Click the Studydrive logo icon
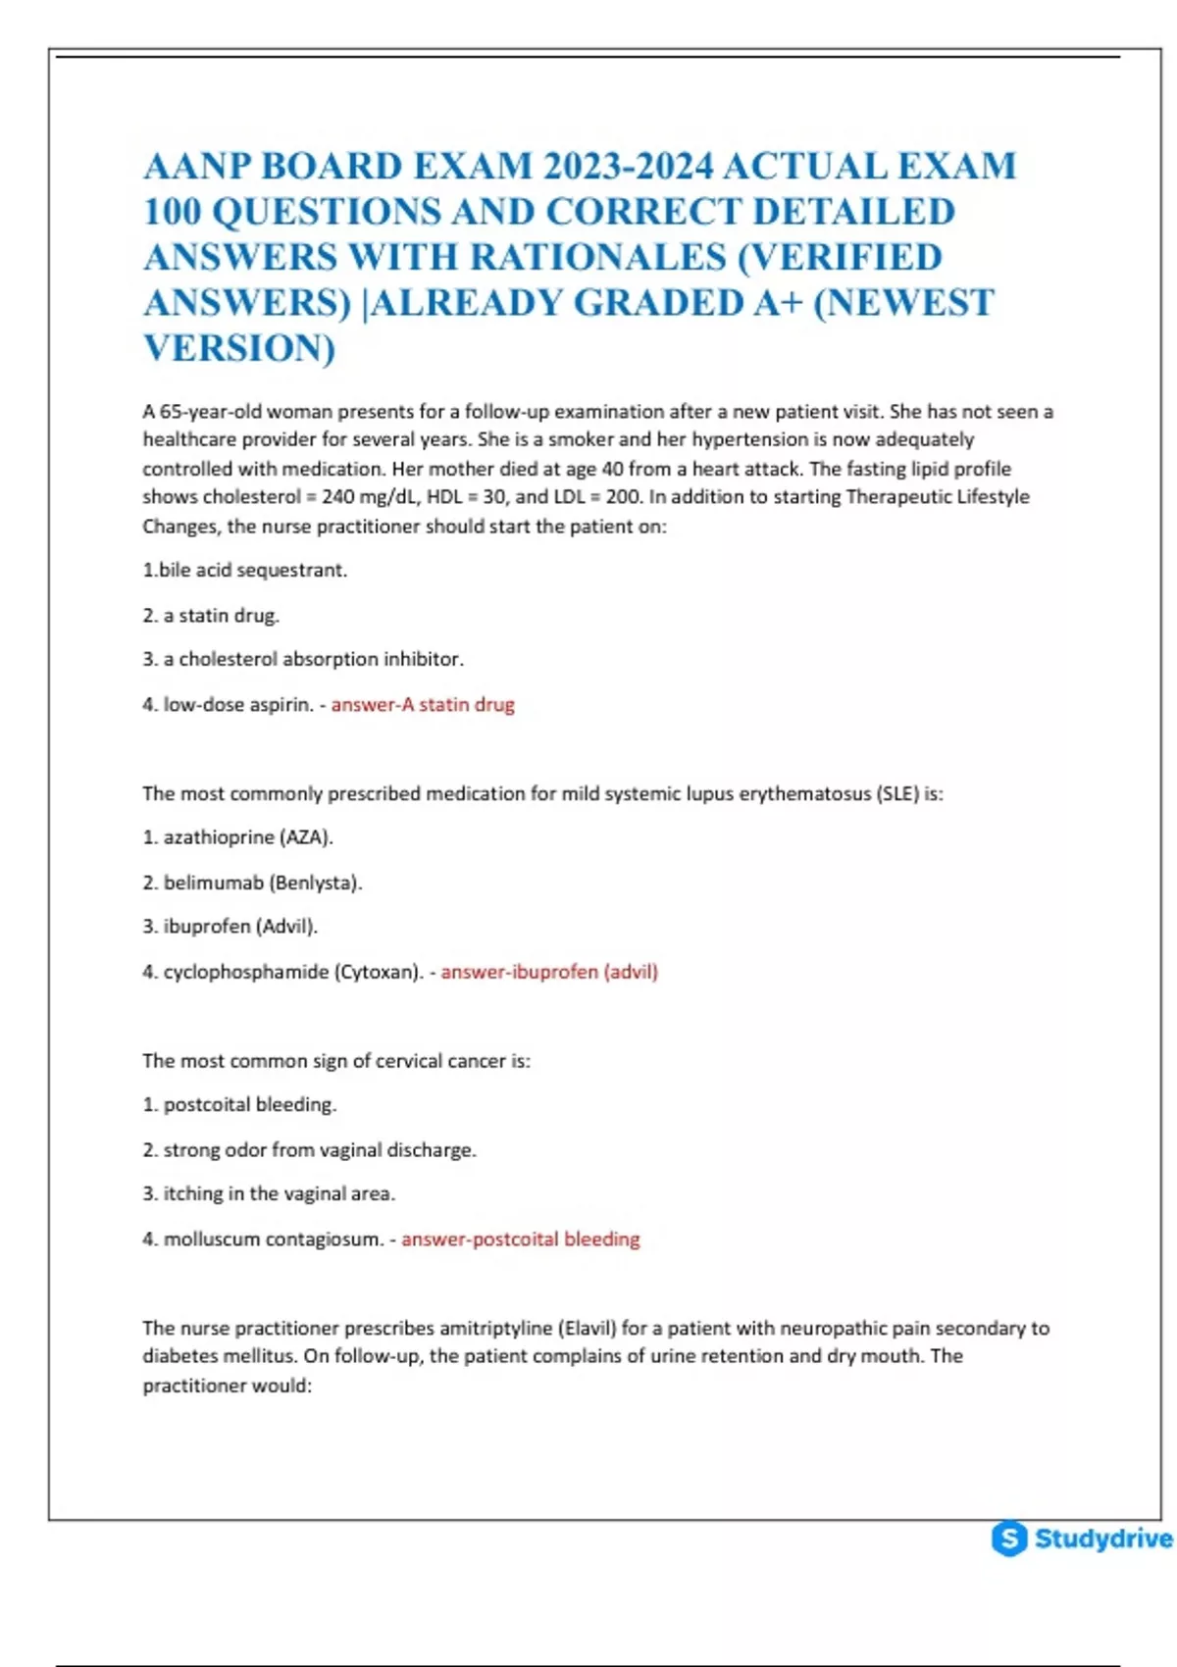[1009, 1538]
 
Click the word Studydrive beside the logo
[1102, 1538]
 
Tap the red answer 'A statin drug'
[423, 704]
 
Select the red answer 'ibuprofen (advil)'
[549, 972]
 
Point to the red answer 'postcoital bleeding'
[521, 1238]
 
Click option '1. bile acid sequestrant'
[245, 570]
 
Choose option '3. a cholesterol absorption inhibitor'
[303, 659]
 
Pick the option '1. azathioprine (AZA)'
[238, 837]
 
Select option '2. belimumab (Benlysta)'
[252, 883]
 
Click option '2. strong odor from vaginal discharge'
[309, 1149]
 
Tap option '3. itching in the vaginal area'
[269, 1193]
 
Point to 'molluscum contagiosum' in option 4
[273, 1238]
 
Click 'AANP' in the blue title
[196, 166]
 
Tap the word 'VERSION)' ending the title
[239, 348]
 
